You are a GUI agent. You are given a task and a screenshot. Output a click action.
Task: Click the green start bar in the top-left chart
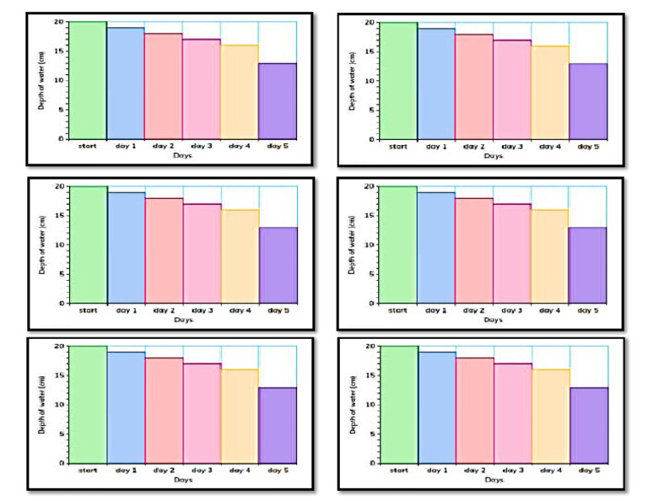coord(87,80)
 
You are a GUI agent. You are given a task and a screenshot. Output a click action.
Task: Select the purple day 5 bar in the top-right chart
coord(587,101)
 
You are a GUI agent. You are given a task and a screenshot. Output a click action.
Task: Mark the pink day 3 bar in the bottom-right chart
coord(512,412)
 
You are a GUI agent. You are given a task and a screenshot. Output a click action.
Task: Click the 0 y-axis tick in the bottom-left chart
coord(62,463)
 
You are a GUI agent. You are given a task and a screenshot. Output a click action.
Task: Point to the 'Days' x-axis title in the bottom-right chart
coord(494,480)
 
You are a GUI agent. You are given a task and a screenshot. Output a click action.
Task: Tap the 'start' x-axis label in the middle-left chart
coord(88,310)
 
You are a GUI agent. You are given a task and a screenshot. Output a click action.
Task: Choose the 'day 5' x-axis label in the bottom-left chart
coord(278,471)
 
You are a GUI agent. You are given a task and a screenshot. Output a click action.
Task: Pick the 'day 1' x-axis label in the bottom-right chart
coord(436,471)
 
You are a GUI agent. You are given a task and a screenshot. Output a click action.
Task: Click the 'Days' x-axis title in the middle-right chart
coord(494,320)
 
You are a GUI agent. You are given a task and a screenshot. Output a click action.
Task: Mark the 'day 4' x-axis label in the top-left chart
coord(240,146)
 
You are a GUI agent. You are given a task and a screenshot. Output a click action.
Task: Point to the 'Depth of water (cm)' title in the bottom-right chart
coord(350,405)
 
